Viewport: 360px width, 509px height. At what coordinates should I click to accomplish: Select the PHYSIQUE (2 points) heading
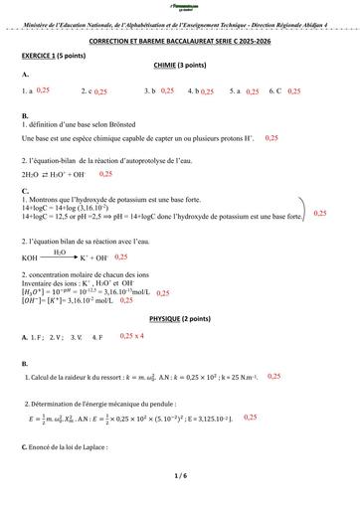click(179, 316)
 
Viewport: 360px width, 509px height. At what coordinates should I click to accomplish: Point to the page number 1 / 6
click(179, 476)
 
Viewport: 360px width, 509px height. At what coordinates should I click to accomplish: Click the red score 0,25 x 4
click(132, 336)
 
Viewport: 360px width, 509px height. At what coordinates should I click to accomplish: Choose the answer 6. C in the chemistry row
click(275, 90)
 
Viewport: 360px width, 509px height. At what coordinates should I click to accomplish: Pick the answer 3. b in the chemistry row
click(150, 90)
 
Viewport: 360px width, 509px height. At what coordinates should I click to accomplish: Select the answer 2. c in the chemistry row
click(86, 90)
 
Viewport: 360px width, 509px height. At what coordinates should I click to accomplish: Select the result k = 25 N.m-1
click(235, 379)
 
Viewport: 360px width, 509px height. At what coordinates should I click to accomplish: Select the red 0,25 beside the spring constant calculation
click(273, 377)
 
